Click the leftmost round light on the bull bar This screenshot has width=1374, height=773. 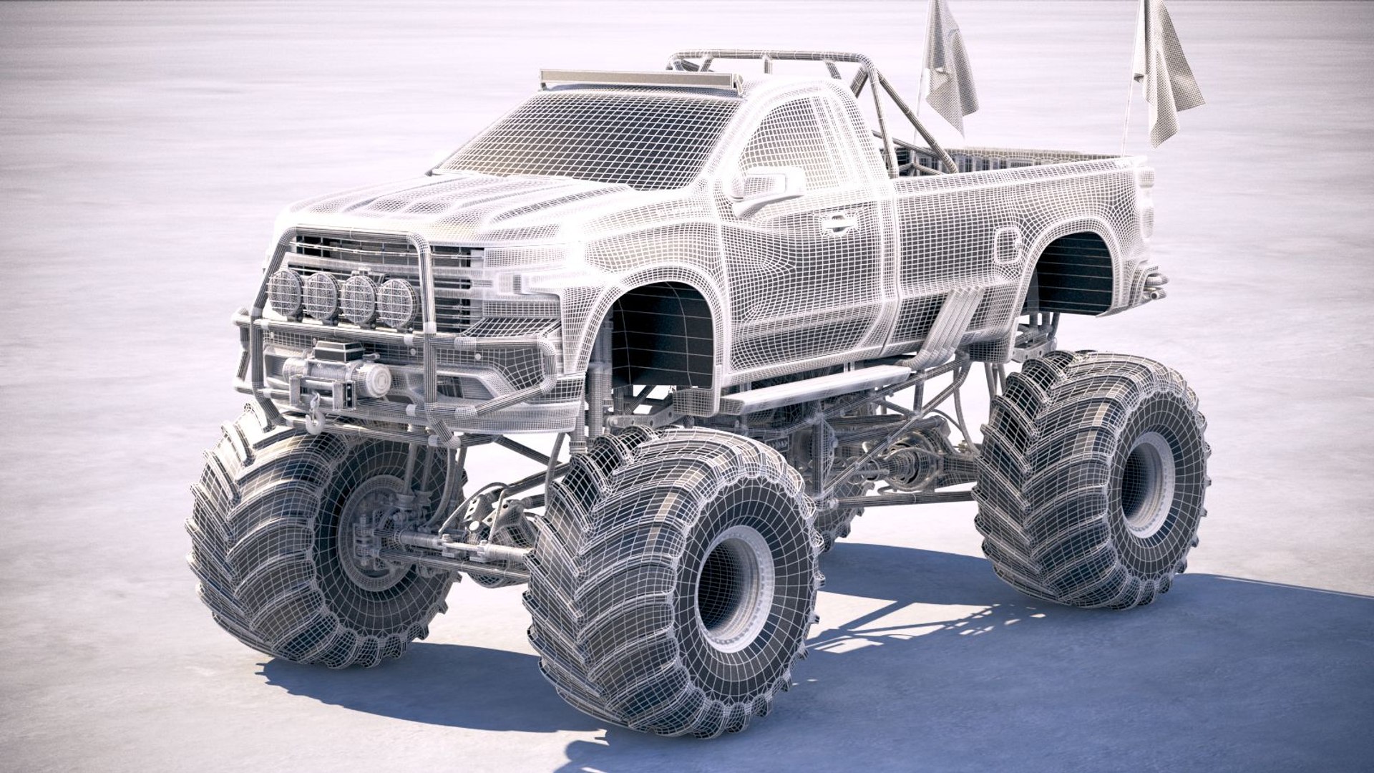pos(286,293)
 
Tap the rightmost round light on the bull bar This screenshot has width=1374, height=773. pos(396,303)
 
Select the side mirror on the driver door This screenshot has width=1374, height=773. pos(763,184)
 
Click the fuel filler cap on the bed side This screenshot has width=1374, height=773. pos(1008,245)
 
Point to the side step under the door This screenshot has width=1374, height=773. pos(816,390)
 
